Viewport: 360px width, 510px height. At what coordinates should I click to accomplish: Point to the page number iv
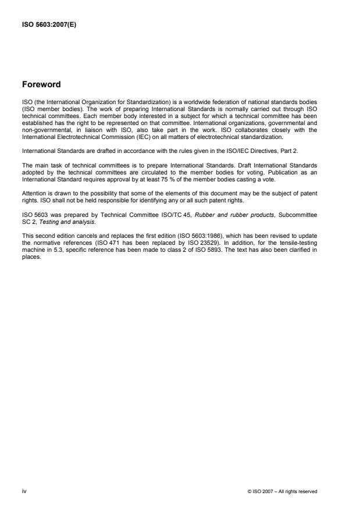point(24,491)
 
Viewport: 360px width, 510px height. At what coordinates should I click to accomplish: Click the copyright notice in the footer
point(282,492)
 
